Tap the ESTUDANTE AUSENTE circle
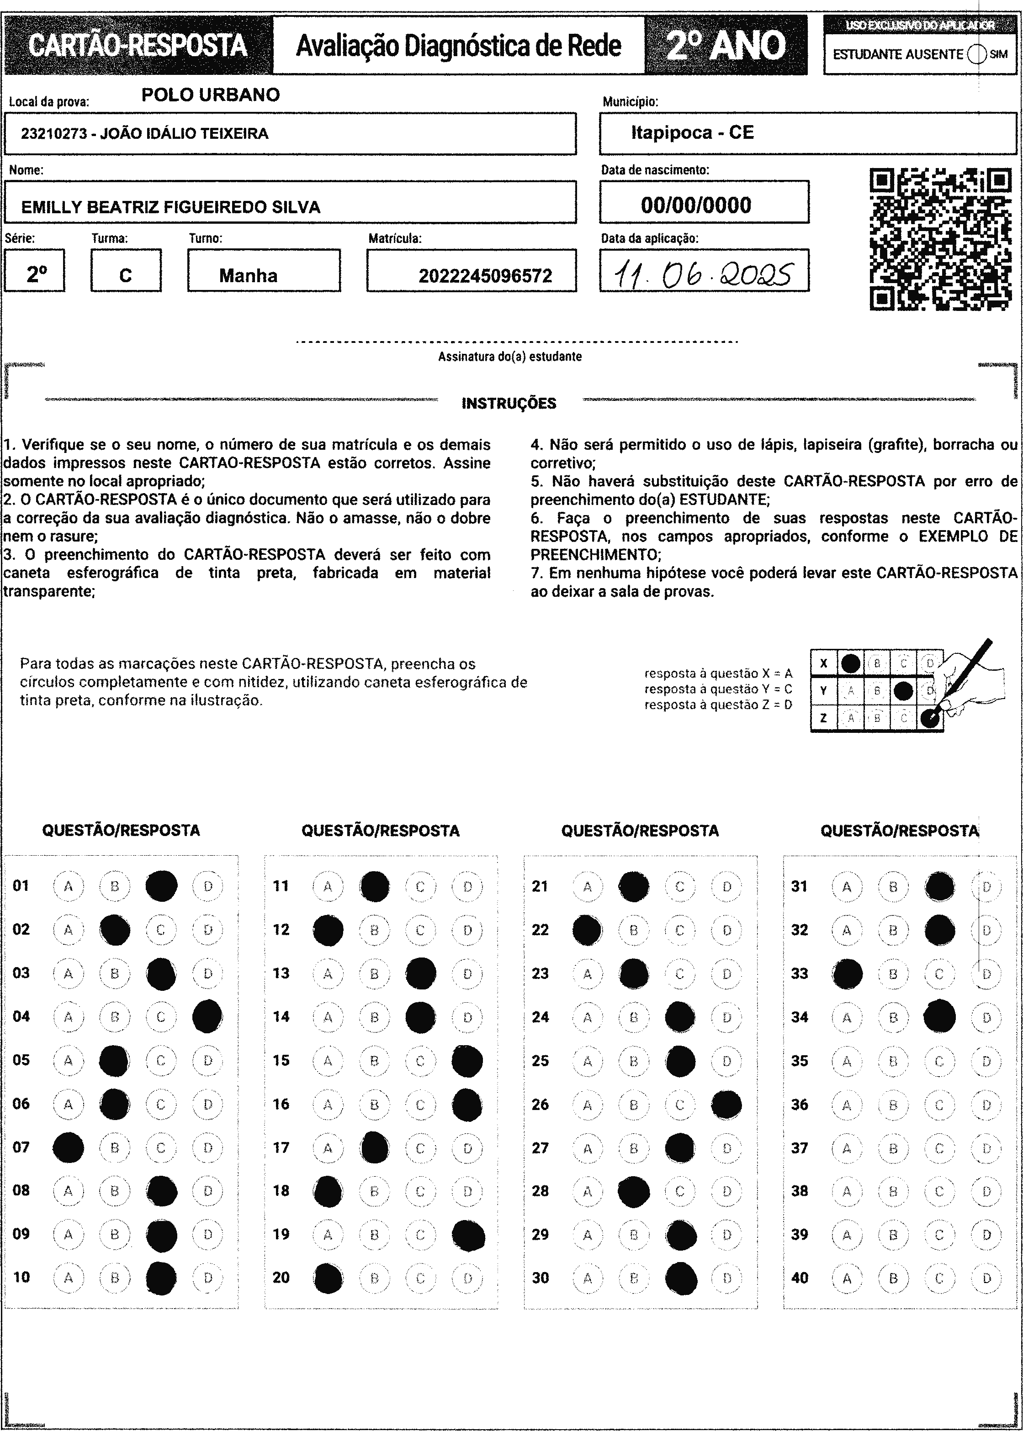point(976,55)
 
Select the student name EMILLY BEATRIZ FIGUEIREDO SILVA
point(171,207)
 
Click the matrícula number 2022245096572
point(485,276)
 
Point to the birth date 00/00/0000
point(696,205)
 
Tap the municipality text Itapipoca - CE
point(692,132)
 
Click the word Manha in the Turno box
point(248,276)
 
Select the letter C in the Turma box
point(125,276)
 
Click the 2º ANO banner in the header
point(726,45)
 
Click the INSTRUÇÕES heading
point(509,404)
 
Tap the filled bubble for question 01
point(161,886)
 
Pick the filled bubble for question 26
point(726,1104)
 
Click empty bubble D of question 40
point(986,1278)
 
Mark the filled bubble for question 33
point(847,974)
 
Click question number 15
point(281,1061)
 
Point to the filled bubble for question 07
point(69,1148)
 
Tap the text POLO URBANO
point(210,95)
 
